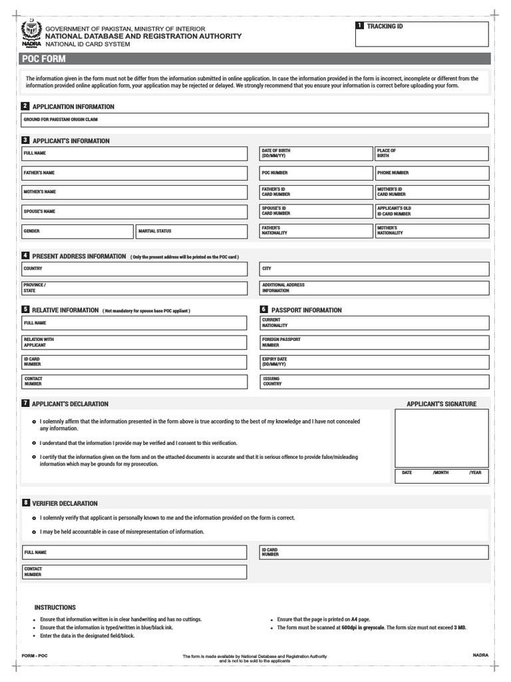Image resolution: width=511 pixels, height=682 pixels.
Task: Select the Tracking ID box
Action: click(422, 35)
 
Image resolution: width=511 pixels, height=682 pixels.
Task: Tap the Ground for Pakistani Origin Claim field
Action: click(255, 121)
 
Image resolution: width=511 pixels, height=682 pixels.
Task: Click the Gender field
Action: click(77, 231)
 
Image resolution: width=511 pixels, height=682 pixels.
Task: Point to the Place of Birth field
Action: click(431, 154)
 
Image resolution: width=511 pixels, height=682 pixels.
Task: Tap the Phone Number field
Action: click(431, 173)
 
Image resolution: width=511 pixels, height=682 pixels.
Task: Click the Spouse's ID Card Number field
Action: click(315, 211)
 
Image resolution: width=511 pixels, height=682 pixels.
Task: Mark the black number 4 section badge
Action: click(25, 256)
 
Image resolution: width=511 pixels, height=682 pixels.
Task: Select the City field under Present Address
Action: click(374, 269)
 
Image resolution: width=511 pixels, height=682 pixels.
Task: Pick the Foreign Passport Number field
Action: click(374, 342)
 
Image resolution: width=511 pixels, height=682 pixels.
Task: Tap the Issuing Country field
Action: click(374, 382)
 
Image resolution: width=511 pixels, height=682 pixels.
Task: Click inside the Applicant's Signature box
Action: click(441, 438)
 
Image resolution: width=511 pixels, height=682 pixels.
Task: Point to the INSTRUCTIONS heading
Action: click(55, 607)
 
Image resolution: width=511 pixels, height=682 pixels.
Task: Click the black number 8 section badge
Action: click(25, 503)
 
